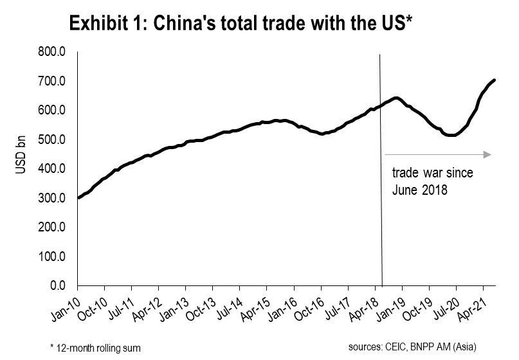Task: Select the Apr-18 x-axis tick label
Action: click(363, 307)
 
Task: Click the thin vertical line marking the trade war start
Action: click(381, 193)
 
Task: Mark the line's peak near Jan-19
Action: click(397, 98)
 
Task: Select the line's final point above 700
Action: click(494, 80)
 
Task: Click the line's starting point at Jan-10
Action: click(78, 197)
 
